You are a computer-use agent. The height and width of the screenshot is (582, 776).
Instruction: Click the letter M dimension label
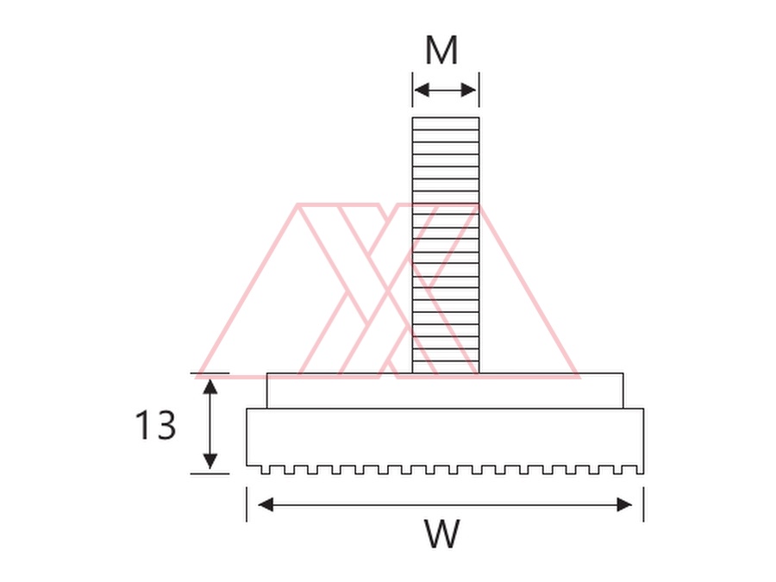[441, 51]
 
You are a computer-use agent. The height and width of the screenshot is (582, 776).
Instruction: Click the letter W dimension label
[442, 534]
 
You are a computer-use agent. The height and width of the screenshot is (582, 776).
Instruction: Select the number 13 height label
[155, 425]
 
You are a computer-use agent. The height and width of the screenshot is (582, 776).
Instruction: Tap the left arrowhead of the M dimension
[421, 90]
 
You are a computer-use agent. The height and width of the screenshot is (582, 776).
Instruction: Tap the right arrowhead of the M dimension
[469, 90]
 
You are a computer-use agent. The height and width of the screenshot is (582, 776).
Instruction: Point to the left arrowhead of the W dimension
[266, 504]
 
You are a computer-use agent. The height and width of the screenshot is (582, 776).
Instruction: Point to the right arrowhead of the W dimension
[624, 504]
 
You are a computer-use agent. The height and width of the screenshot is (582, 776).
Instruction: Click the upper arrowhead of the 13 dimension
[210, 386]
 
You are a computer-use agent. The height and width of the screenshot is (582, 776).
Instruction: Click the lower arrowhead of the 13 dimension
[210, 461]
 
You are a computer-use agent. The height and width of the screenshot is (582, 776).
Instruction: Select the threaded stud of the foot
[446, 246]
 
